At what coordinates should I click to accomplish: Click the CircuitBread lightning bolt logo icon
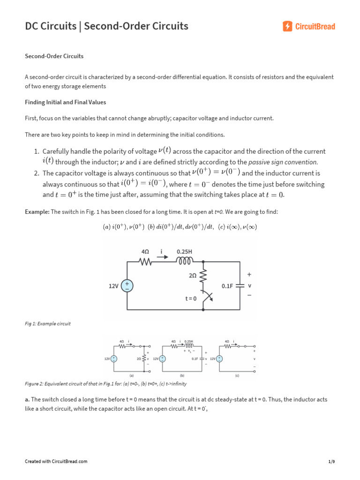(288, 26)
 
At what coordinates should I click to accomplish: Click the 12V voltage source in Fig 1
(127, 285)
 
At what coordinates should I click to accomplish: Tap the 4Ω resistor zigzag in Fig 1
(145, 262)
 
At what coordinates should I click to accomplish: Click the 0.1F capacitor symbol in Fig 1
(240, 285)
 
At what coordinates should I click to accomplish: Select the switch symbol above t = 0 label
(207, 297)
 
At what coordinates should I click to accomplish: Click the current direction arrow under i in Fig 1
(162, 256)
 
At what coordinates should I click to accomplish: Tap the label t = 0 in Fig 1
(191, 298)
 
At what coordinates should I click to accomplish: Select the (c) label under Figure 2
(237, 375)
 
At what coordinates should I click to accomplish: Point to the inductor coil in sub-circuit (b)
(189, 346)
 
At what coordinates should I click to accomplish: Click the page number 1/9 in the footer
(332, 462)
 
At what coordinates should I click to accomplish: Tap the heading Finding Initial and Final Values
(65, 102)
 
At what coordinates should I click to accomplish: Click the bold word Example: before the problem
(37, 212)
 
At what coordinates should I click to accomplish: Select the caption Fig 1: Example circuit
(47, 324)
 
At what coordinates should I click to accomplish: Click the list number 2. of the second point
(36, 173)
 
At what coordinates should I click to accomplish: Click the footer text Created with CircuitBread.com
(56, 462)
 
